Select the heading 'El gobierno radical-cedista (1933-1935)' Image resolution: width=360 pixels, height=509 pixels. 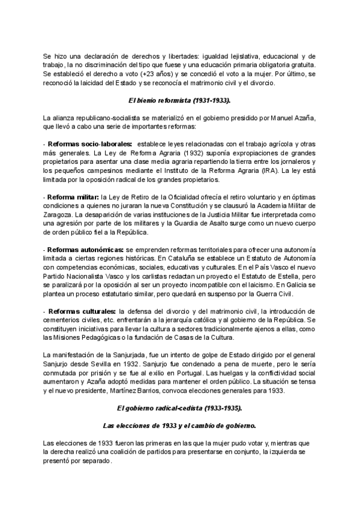tap(179, 408)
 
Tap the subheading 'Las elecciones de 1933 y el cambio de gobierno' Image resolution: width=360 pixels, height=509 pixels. tap(179, 426)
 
